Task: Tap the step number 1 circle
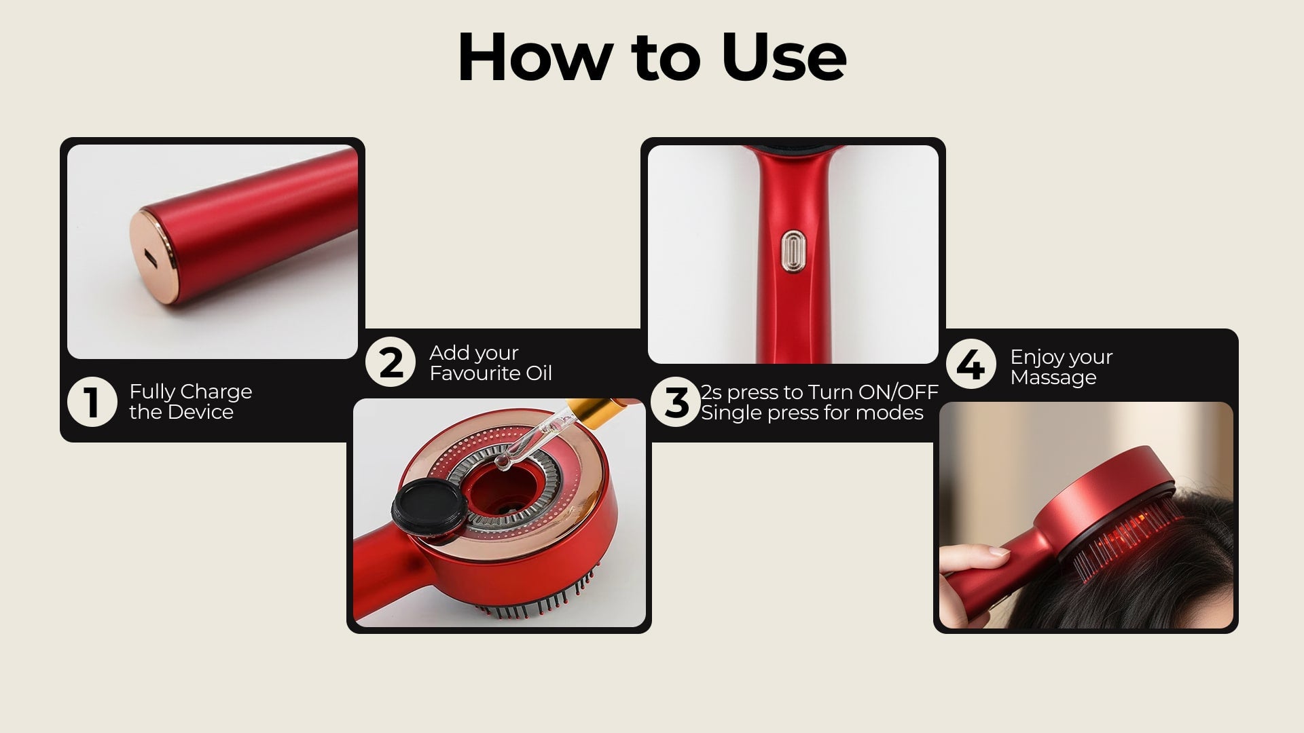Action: (x=92, y=402)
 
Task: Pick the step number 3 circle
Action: (x=676, y=402)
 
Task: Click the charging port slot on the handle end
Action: (x=149, y=258)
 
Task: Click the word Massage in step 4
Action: (x=1053, y=378)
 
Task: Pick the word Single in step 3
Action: (x=731, y=413)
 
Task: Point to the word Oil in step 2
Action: (x=540, y=373)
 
